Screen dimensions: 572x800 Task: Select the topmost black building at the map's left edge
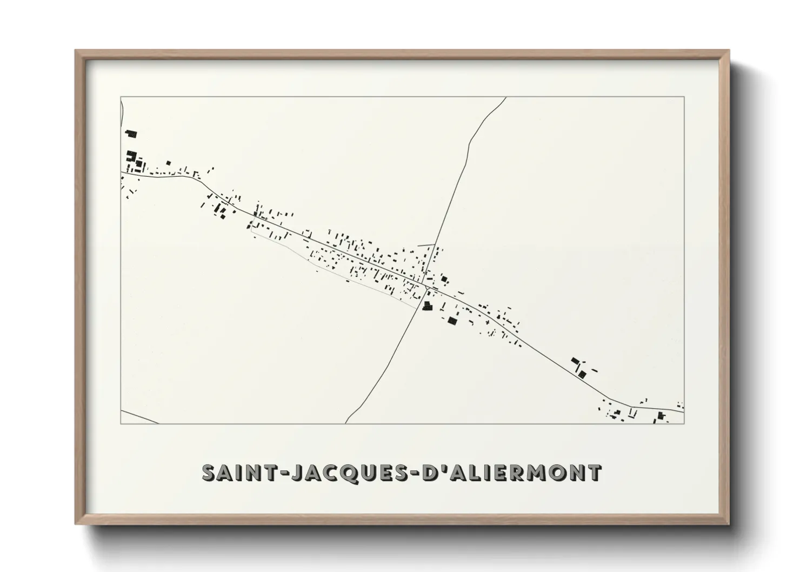(131, 133)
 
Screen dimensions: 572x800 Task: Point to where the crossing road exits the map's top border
(506, 97)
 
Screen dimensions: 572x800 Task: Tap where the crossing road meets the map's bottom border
(346, 423)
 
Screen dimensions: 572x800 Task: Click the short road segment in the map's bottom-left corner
(139, 416)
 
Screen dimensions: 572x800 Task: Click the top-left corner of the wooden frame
(76, 51)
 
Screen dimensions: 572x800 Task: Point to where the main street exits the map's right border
(683, 411)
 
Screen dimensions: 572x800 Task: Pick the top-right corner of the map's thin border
(684, 97)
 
